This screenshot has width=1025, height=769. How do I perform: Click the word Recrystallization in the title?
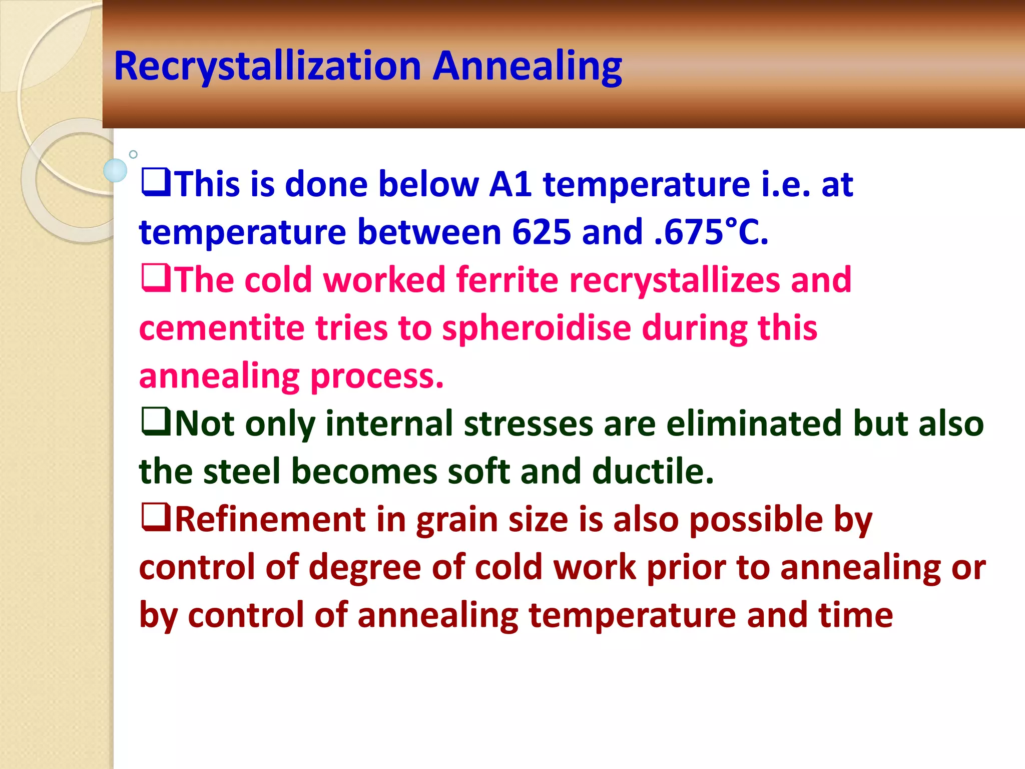click(x=267, y=67)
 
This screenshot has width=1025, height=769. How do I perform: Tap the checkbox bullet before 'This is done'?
click(x=156, y=183)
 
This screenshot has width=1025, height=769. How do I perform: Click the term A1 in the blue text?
click(x=510, y=184)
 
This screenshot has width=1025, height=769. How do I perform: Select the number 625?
click(x=542, y=232)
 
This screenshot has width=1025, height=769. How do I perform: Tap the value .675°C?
click(x=711, y=232)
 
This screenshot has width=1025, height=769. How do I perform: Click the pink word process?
click(x=377, y=376)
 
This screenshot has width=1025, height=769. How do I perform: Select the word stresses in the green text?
click(x=528, y=424)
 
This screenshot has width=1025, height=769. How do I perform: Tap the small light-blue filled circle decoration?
click(x=115, y=170)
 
